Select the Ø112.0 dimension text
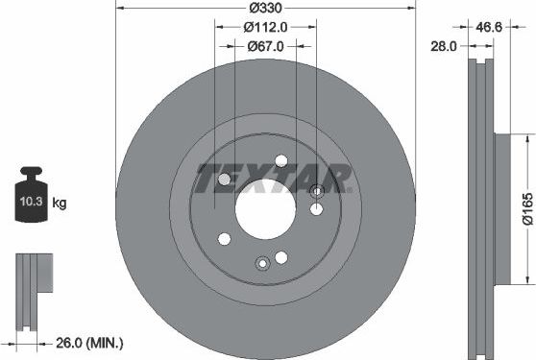tap(264, 26)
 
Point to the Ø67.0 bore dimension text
tap(264, 45)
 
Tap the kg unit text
tap(59, 203)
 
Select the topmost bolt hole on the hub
tap(280, 161)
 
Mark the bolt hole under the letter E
tap(225, 180)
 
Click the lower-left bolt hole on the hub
tap(224, 238)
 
